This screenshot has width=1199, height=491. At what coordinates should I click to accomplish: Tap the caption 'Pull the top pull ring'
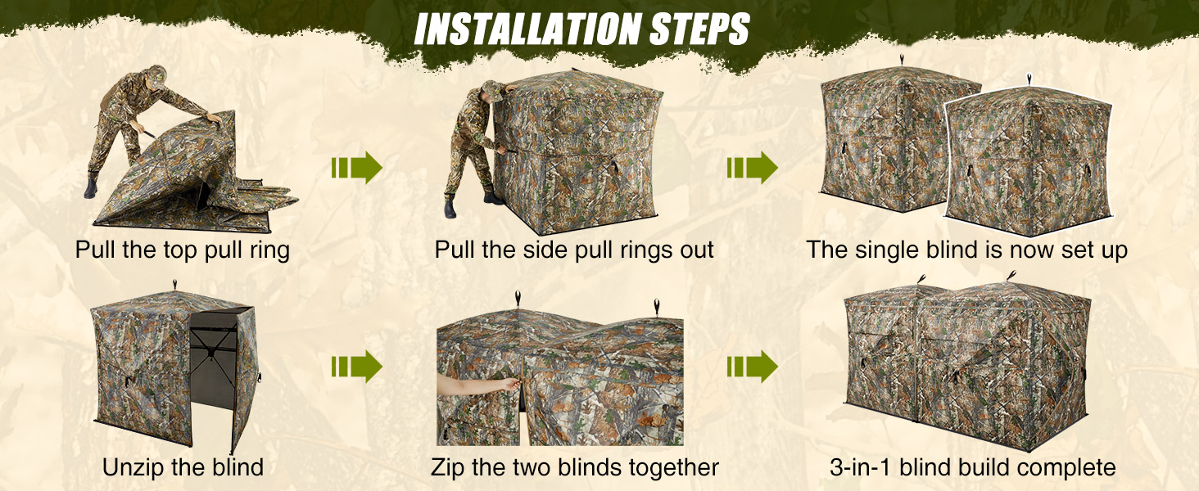pyautogui.click(x=182, y=250)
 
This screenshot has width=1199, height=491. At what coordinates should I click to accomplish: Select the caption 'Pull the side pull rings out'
pyautogui.click(x=574, y=250)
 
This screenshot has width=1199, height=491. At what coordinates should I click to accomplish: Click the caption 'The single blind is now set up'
pyautogui.click(x=966, y=250)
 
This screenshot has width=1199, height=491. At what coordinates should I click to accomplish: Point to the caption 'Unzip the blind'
pyautogui.click(x=183, y=467)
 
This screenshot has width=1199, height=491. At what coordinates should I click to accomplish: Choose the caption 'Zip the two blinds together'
pyautogui.click(x=574, y=467)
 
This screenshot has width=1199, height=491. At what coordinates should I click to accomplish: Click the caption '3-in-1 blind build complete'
pyautogui.click(x=972, y=467)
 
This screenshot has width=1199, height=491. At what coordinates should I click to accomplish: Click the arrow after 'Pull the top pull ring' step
pyautogui.click(x=357, y=168)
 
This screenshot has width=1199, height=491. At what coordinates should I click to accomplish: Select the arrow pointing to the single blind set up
pyautogui.click(x=752, y=168)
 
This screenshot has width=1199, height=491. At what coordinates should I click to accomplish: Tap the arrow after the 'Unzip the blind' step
pyautogui.click(x=357, y=367)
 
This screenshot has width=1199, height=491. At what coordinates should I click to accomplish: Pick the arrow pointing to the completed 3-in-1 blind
pyautogui.click(x=752, y=367)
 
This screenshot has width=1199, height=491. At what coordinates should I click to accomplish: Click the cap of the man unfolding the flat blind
pyautogui.click(x=157, y=73)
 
